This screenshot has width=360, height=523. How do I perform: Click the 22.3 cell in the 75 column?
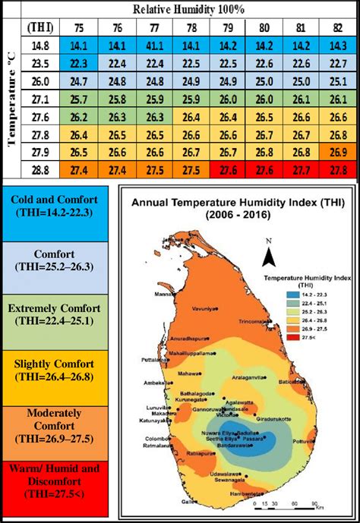coord(79,62)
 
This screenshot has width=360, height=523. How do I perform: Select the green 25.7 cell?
coord(79,99)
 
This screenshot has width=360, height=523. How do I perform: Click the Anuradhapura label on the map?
coord(188,339)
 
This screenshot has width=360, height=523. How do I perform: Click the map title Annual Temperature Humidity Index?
coord(236,203)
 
